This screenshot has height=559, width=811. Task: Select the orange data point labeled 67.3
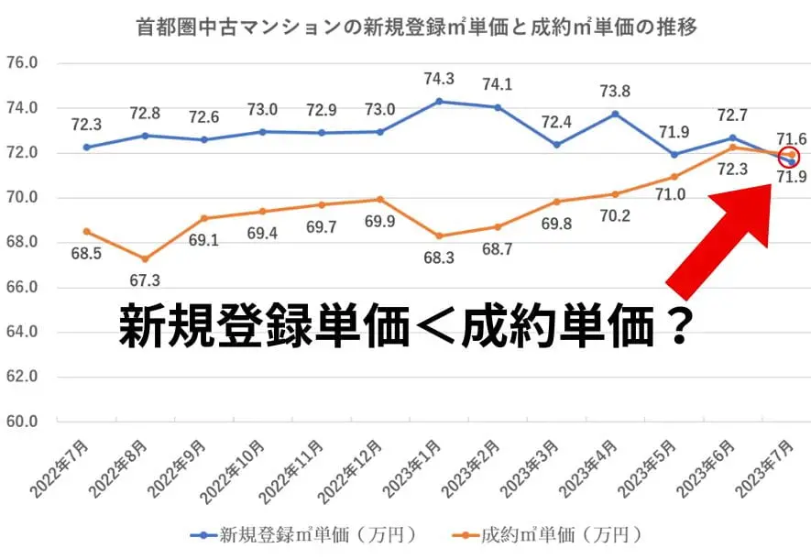click(x=145, y=259)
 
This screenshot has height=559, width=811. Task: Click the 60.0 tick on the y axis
click(x=21, y=422)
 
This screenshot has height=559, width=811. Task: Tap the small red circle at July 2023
click(x=790, y=157)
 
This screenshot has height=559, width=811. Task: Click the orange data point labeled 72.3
click(x=732, y=147)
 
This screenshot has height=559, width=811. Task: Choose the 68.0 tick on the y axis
click(x=21, y=243)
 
